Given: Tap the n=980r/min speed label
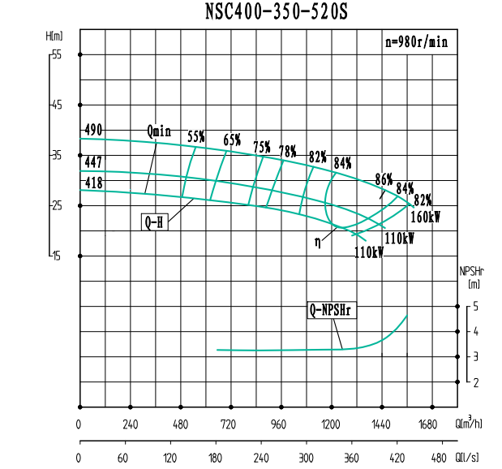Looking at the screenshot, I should point(416,43).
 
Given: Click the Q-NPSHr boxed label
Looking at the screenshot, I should point(333,310).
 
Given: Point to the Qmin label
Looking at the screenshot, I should point(159,131).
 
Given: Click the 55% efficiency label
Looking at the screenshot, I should point(196,137).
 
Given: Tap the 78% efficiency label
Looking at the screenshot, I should point(287,151).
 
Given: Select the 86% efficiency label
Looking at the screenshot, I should point(384,179).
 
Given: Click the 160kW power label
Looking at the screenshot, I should point(425,217).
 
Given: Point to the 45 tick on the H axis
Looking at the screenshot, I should point(56,105).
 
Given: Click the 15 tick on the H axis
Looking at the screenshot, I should point(56,256).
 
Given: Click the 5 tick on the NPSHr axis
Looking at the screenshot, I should point(476,307).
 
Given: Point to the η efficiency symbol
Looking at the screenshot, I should point(320,240).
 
